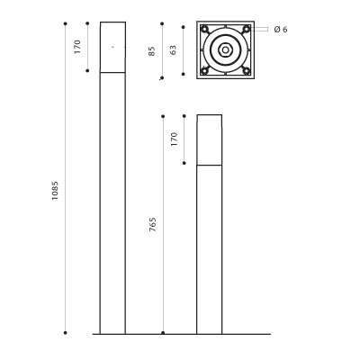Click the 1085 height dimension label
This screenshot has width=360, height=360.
pyautogui.click(x=55, y=191)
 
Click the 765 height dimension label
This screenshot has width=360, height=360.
pyautogui.click(x=153, y=224)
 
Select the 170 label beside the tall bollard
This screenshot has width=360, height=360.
pyautogui.click(x=77, y=47)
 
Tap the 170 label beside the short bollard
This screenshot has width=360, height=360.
pyautogui.click(x=174, y=139)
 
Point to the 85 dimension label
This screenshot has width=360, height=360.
pyautogui.click(x=152, y=51)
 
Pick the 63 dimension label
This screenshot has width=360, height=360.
pyautogui.click(x=173, y=49)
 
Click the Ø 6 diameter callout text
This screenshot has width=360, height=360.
pyautogui.click(x=281, y=30)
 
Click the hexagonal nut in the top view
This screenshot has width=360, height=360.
pyautogui.click(x=225, y=50)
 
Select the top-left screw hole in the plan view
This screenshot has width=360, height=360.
pyautogui.click(x=204, y=30)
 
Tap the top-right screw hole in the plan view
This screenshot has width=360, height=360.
pyautogui.click(x=247, y=29)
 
